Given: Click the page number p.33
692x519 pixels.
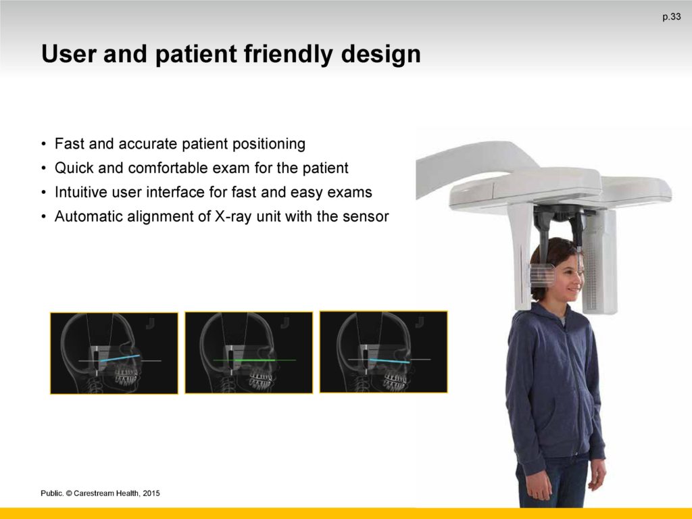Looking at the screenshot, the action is pyautogui.click(x=671, y=17).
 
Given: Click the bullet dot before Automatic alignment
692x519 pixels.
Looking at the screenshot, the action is pyautogui.click(x=43, y=217).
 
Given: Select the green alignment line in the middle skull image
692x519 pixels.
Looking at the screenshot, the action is pyautogui.click(x=255, y=360).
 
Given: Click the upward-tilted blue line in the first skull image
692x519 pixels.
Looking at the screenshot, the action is pyautogui.click(x=120, y=358).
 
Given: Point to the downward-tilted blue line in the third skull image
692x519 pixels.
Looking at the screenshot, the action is pyautogui.click(x=390, y=361).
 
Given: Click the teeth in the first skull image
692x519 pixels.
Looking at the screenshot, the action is pyautogui.click(x=126, y=376).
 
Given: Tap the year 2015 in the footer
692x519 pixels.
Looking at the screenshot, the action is pyautogui.click(x=151, y=493).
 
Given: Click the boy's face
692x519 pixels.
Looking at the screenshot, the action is pyautogui.click(x=566, y=278).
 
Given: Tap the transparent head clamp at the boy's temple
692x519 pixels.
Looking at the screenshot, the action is pyautogui.click(x=541, y=276).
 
